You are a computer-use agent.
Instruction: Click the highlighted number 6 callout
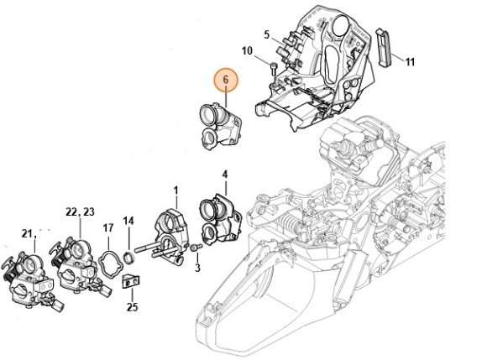coord(226,80)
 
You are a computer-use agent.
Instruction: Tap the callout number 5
coord(267,34)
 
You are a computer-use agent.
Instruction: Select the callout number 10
coord(247,51)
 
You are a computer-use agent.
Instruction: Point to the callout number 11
coord(410,62)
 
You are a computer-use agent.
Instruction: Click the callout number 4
coord(225,175)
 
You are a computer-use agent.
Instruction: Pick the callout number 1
coord(175,190)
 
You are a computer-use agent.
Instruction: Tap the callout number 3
coord(197,267)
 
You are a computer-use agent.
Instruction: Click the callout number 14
coord(128,221)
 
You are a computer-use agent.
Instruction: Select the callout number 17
coord(108,228)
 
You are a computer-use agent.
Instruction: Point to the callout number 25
coord(132,307)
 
